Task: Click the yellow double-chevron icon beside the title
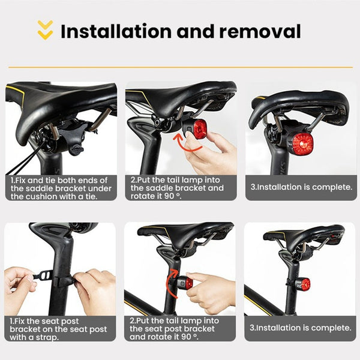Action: click(x=45, y=30)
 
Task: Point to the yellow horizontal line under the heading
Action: click(x=180, y=67)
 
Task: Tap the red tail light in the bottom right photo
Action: click(x=305, y=284)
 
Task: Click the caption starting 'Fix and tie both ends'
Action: click(x=60, y=188)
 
